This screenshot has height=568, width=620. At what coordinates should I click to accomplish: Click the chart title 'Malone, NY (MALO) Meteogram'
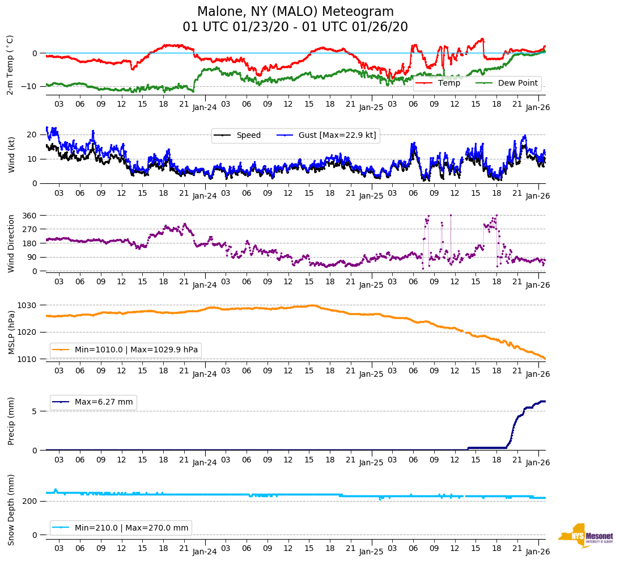295,12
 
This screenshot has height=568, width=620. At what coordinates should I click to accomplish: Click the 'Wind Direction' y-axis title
11,243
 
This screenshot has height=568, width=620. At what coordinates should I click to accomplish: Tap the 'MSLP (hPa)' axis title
11,332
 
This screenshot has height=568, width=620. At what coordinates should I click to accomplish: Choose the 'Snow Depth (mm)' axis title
11,510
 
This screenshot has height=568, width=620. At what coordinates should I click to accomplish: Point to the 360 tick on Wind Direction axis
31,216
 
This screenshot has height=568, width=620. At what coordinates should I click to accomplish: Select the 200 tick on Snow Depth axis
31,502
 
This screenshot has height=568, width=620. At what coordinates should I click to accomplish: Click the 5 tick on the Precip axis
35,411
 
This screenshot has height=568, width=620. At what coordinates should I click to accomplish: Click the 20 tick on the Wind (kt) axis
32,134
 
